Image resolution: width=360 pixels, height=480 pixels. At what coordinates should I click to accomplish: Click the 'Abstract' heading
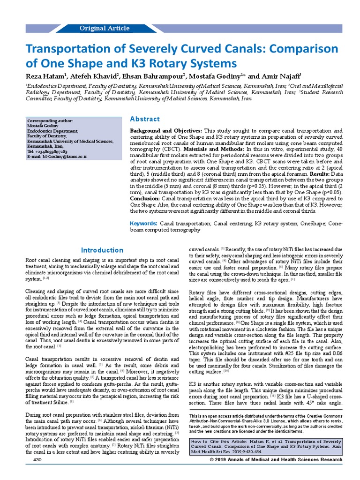[145, 119]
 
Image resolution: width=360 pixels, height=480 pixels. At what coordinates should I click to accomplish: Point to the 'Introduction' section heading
[102, 250]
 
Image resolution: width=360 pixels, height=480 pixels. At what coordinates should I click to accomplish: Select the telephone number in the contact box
[47, 152]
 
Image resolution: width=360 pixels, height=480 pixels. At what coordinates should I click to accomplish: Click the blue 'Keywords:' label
[143, 224]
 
